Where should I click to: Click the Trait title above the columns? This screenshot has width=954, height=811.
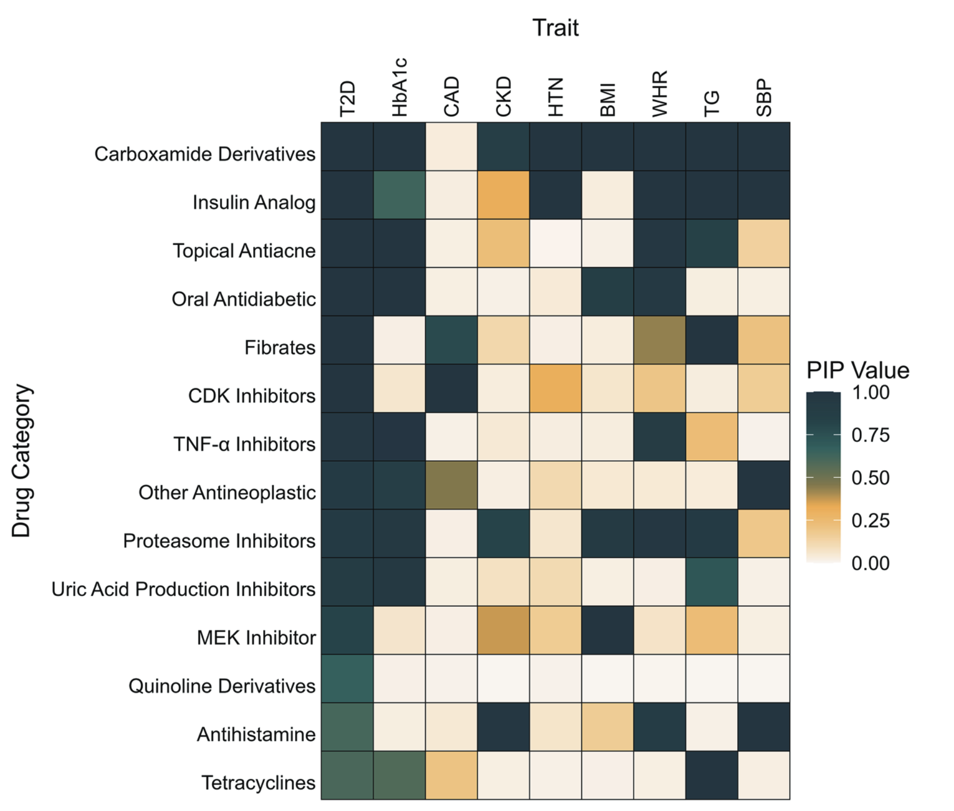click(555, 27)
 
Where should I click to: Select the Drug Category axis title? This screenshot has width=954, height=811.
click(22, 461)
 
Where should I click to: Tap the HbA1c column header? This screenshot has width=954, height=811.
click(400, 87)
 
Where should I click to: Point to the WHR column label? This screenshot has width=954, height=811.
click(659, 94)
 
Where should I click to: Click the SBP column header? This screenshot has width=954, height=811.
click(763, 97)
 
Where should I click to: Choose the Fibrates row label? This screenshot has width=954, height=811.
click(280, 348)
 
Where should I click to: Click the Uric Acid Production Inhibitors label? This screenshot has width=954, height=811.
click(183, 589)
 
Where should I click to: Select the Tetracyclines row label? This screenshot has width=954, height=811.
click(258, 783)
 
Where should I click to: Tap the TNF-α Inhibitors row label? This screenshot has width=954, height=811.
click(244, 444)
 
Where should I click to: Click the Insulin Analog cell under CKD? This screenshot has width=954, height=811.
click(503, 195)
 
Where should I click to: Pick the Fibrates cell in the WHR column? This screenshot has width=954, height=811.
click(659, 340)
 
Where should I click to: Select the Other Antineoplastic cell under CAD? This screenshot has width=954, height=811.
click(451, 485)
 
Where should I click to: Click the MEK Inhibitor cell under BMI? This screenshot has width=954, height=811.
click(608, 630)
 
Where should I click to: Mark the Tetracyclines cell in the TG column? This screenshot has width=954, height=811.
click(711, 775)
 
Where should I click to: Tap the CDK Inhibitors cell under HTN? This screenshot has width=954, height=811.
click(555, 389)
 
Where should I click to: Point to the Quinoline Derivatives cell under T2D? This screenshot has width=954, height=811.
click(347, 678)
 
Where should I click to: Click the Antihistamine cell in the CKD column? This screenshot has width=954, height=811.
click(503, 727)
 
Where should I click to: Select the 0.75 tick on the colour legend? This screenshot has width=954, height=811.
click(870, 435)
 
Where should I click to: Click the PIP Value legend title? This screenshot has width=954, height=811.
click(858, 370)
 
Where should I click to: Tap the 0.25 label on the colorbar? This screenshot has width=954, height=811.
click(870, 520)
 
